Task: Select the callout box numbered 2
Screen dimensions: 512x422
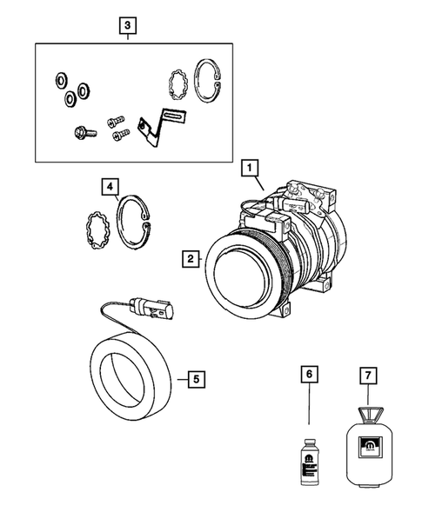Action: (189, 257)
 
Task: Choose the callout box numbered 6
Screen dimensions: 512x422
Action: (306, 374)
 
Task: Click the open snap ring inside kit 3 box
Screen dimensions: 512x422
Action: (208, 83)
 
